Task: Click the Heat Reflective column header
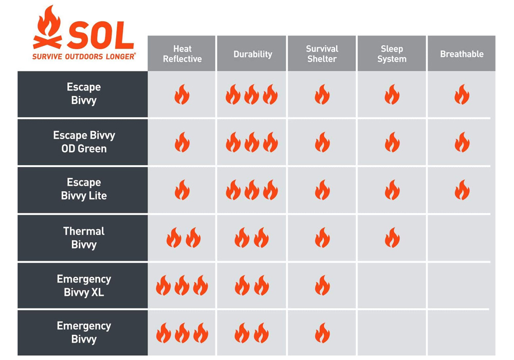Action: [182, 54]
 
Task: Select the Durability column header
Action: [253, 54]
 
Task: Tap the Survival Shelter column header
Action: [322, 54]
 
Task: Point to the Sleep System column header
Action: [392, 54]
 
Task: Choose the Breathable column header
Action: [462, 54]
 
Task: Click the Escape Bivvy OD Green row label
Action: [84, 142]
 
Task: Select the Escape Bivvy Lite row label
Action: [84, 189]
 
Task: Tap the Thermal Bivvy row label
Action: [84, 238]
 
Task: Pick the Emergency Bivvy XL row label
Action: [84, 285]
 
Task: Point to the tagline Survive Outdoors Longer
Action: [84, 57]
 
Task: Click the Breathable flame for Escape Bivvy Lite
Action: [462, 190]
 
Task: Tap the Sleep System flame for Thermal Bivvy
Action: [392, 238]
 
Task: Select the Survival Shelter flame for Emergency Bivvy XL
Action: [322, 285]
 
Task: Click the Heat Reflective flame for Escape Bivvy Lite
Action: [182, 190]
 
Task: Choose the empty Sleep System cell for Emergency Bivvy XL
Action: [392, 285]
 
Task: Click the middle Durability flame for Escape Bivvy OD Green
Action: [252, 142]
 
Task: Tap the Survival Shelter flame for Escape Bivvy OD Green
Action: [322, 142]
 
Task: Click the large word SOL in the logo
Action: [101, 35]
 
